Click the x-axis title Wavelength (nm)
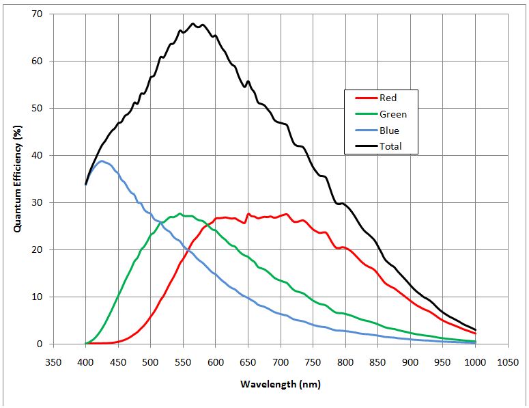click(280, 384)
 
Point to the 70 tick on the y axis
click(37, 14)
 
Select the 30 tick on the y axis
click(37, 203)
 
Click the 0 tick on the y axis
click(40, 344)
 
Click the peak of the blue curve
click(101, 161)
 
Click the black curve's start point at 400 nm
click(85, 184)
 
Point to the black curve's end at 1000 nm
click(475, 330)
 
